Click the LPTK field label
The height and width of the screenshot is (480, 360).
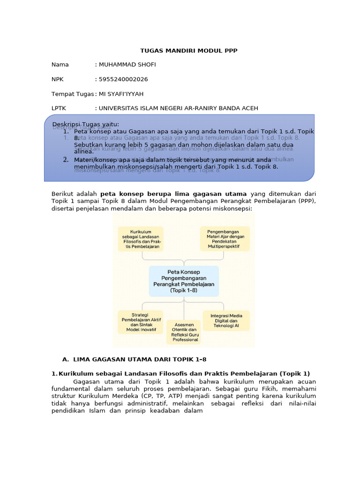pos(59,109)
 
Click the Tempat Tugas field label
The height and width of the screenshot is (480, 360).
pos(73,94)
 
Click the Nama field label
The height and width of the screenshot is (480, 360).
pos(60,65)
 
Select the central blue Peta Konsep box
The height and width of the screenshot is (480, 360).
pos(184,281)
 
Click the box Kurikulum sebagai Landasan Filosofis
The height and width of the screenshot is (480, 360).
pos(141,239)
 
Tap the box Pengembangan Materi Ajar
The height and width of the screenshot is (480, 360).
pos(225,239)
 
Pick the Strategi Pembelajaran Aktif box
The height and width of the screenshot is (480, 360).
pos(140,322)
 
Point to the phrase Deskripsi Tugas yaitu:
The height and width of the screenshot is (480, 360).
pos(86,124)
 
